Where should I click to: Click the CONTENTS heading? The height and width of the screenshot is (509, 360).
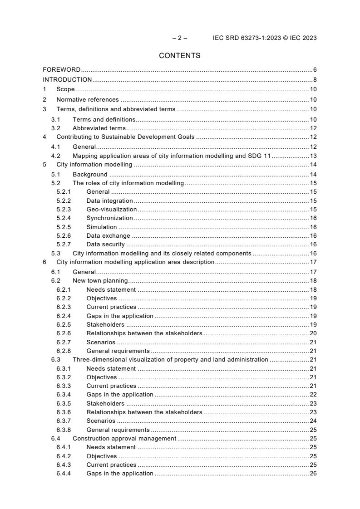(x=179, y=56)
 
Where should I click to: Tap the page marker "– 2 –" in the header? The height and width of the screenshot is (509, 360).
(x=179, y=38)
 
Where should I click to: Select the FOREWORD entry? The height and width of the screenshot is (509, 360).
(x=61, y=70)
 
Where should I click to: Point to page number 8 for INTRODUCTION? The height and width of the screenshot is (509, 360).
(x=315, y=80)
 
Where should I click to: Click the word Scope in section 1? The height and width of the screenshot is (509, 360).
(x=65, y=89)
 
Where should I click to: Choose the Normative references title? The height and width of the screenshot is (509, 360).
(x=87, y=100)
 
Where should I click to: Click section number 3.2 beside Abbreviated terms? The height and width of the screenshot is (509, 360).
(x=56, y=128)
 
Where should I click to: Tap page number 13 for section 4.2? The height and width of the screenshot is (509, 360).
(x=313, y=156)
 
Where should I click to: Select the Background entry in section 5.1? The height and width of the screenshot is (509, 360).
(x=90, y=175)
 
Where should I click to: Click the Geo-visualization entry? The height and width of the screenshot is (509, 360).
(x=111, y=210)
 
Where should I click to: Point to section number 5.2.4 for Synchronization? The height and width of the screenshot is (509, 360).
(x=63, y=218)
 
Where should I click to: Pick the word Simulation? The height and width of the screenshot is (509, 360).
(x=101, y=227)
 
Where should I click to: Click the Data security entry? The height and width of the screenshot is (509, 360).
(x=105, y=245)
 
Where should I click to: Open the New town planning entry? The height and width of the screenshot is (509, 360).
(x=100, y=281)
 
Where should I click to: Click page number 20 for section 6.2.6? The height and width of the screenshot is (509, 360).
(x=313, y=333)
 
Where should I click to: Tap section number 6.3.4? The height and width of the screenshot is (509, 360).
(x=63, y=395)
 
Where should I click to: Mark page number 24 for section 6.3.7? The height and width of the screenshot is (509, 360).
(x=313, y=421)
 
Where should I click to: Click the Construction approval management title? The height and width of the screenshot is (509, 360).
(x=124, y=439)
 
